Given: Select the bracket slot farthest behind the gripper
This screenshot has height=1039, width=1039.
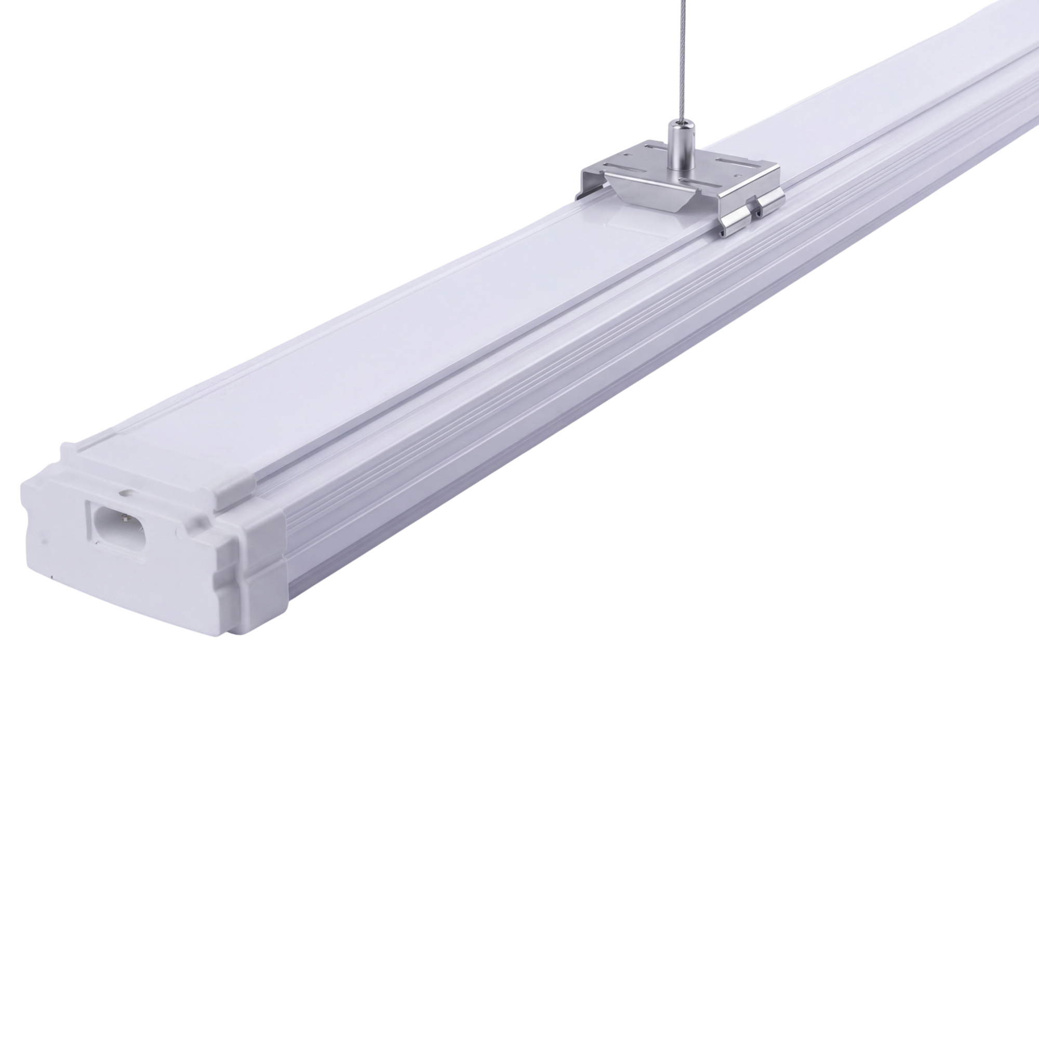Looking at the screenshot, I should (x=656, y=148).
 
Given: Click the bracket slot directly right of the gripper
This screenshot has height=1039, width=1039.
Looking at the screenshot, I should (x=737, y=164).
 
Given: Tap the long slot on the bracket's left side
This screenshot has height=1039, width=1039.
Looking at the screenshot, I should (x=624, y=168).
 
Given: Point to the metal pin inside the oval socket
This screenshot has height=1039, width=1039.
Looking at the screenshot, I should (x=126, y=519).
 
